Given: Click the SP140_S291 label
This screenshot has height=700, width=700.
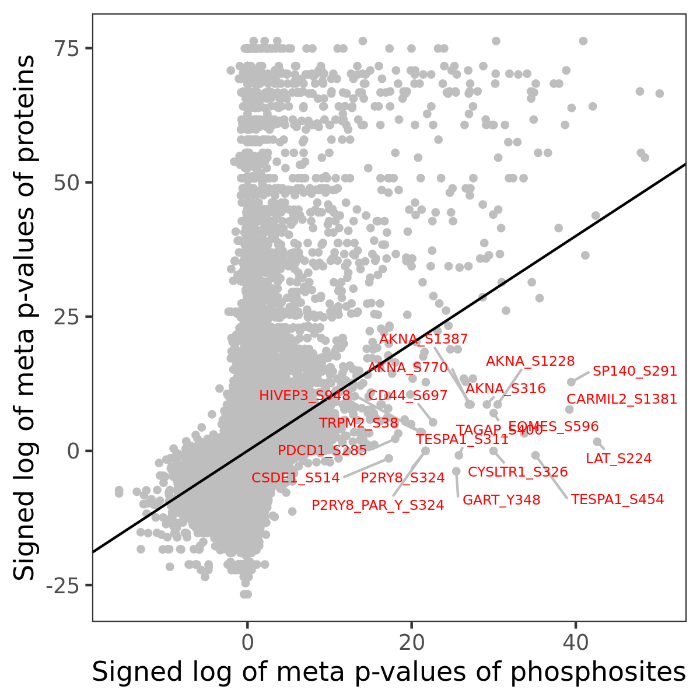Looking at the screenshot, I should [x=635, y=372].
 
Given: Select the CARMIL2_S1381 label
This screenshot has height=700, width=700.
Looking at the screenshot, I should [x=622, y=400].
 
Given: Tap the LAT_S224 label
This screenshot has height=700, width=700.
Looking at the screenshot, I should [x=618, y=459].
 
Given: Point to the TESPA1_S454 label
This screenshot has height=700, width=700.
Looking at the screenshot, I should [x=617, y=500].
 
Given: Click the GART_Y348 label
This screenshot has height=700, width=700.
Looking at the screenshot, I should [x=501, y=501].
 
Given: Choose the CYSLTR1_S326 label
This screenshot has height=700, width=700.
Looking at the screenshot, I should [x=517, y=472].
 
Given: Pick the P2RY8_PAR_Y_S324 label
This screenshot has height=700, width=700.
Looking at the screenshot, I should [x=377, y=506].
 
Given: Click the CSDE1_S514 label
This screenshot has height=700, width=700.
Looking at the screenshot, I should [x=295, y=478].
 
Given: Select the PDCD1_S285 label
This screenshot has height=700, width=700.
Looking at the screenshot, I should [x=322, y=451].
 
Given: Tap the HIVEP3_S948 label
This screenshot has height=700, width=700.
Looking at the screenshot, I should [x=304, y=396].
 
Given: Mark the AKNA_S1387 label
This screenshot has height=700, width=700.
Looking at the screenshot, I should [x=423, y=339].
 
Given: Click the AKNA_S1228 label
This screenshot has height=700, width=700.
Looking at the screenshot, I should [x=530, y=362].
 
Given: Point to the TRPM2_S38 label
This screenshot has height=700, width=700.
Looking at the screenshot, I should [x=358, y=423].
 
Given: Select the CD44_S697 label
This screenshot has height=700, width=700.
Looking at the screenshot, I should [x=408, y=396].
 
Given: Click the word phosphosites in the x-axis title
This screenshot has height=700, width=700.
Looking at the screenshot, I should [x=598, y=673].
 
